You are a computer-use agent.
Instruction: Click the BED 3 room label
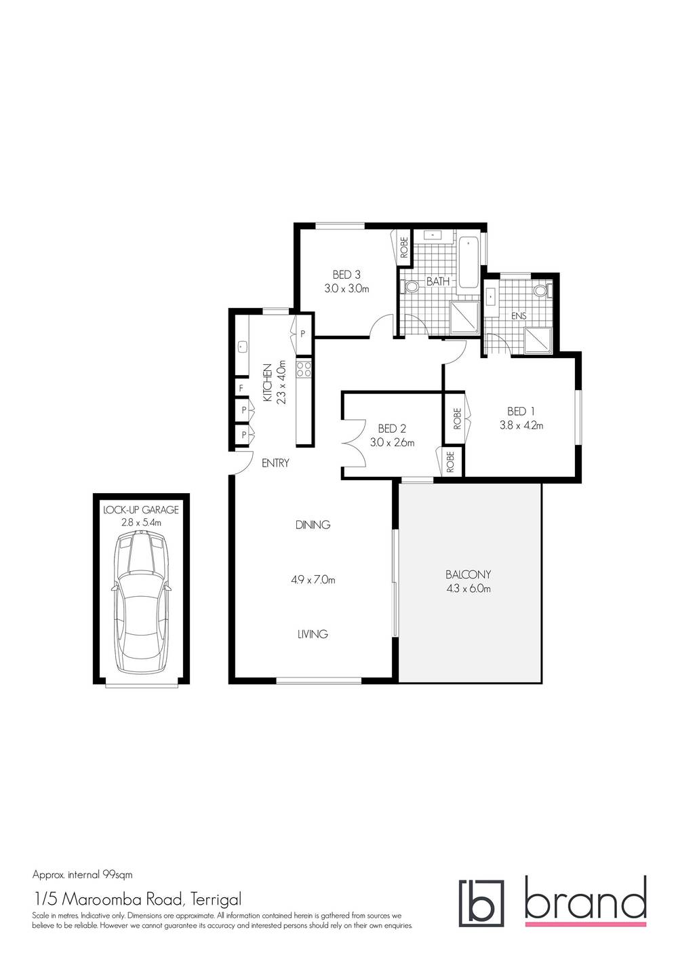click(346, 275)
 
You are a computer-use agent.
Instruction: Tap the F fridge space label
click(240, 389)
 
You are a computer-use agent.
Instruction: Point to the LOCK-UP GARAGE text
click(141, 509)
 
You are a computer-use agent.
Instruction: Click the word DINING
click(313, 524)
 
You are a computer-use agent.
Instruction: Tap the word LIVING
click(313, 634)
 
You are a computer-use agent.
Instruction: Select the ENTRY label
click(275, 463)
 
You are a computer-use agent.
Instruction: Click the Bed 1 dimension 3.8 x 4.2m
click(521, 426)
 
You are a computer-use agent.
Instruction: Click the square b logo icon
click(481, 903)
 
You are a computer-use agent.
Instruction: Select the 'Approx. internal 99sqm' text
click(87, 874)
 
